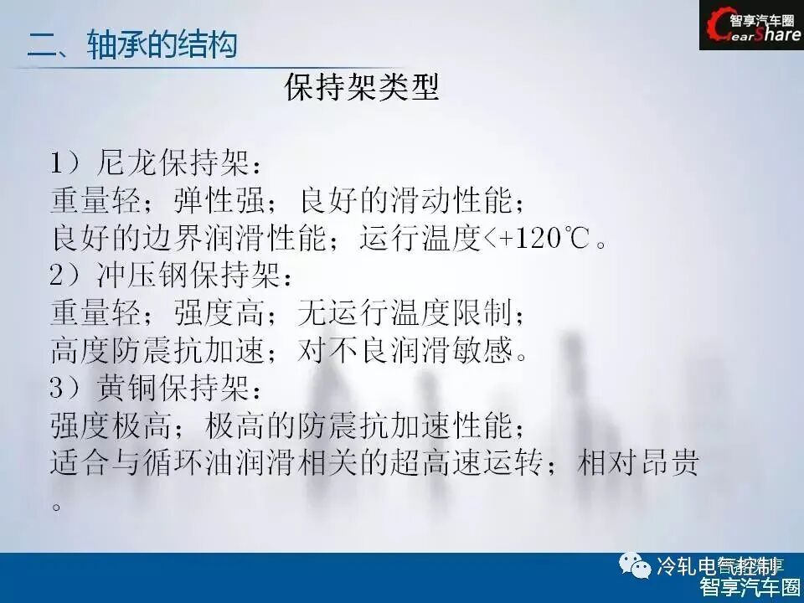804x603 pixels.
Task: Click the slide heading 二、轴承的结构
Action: coord(132,44)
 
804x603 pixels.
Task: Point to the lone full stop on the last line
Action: coord(57,505)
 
